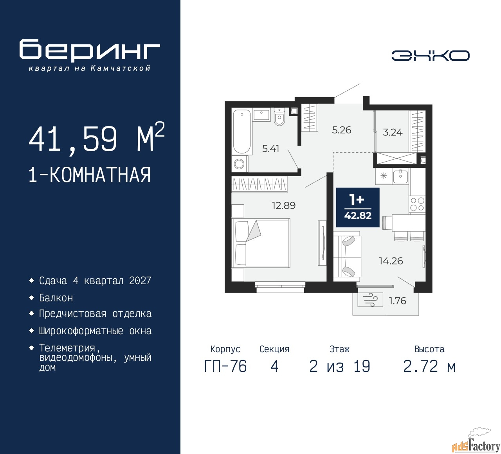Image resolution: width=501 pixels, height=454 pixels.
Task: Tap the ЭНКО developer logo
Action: pyautogui.click(x=430, y=56)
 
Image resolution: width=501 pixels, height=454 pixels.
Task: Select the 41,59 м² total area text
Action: pyautogui.click(x=96, y=138)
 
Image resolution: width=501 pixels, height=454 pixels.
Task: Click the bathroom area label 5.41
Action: pyautogui.click(x=270, y=149)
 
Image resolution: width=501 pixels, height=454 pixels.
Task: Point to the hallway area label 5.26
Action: pyautogui.click(x=341, y=130)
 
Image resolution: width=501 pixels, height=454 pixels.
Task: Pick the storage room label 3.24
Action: pyautogui.click(x=393, y=132)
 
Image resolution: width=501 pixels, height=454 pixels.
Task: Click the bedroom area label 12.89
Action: pyautogui.click(x=284, y=205)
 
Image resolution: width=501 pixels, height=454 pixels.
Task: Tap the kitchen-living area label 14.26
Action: pyautogui.click(x=391, y=261)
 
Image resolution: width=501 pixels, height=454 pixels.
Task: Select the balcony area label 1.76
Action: pyautogui.click(x=397, y=301)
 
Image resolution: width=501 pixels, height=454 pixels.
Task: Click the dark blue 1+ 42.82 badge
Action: pyautogui.click(x=358, y=207)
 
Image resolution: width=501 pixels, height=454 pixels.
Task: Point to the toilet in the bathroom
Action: pyautogui.click(x=279, y=116)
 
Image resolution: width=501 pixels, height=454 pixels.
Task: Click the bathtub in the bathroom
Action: pyautogui.click(x=242, y=132)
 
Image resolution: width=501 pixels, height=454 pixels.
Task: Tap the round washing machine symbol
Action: pyautogui.click(x=240, y=164)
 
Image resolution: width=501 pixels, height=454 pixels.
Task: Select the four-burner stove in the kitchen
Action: pyautogui.click(x=417, y=204)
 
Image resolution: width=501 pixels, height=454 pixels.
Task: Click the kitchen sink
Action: pyautogui.click(x=400, y=176)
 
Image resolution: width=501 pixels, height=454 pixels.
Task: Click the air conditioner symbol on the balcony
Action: pyautogui.click(x=370, y=299)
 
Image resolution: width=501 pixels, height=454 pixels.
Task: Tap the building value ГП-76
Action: pyautogui.click(x=225, y=366)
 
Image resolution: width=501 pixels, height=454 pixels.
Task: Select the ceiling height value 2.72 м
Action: pyautogui.click(x=429, y=366)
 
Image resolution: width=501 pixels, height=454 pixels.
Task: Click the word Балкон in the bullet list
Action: pyautogui.click(x=56, y=298)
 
